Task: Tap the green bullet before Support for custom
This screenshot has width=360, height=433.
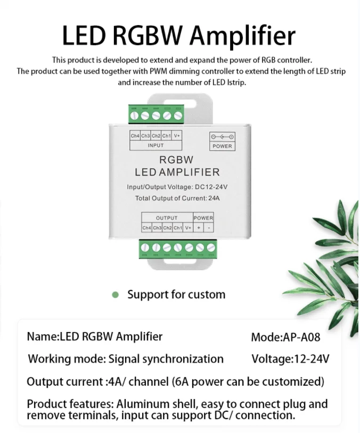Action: [x=115, y=295]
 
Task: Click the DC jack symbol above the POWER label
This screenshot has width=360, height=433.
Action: [x=222, y=136]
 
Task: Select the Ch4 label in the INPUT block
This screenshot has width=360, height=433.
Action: [x=135, y=136]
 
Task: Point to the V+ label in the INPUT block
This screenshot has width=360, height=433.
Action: [x=177, y=136]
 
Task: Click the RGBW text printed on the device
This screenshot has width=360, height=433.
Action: [x=176, y=160]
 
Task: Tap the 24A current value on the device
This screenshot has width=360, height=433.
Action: [x=213, y=198]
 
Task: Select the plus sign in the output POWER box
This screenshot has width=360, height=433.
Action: [x=198, y=228]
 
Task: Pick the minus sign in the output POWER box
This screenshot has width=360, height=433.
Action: [x=208, y=228]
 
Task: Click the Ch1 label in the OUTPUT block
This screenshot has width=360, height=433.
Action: [x=177, y=228]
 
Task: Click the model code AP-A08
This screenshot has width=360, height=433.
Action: [x=300, y=337]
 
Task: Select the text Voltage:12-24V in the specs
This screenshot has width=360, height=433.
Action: [x=290, y=359]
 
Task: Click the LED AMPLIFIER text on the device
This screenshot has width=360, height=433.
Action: [x=177, y=172]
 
